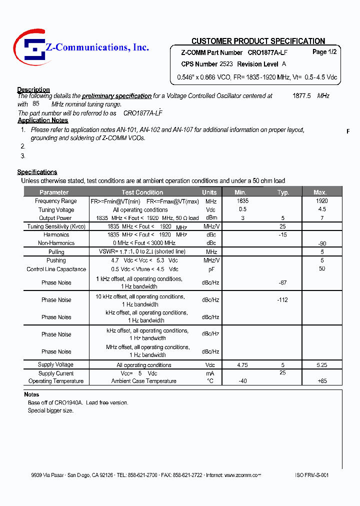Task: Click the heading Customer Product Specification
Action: point(258,41)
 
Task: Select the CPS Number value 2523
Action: point(226,64)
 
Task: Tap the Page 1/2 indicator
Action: point(324,52)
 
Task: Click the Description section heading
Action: point(33,89)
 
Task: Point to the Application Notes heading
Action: point(43,120)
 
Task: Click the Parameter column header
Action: point(54,192)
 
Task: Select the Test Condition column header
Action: point(142,192)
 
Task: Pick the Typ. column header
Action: point(283,192)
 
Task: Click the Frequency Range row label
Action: point(56,201)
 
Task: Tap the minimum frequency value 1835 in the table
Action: point(242,201)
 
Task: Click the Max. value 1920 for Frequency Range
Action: point(322,201)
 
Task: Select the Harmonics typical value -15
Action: point(283,234)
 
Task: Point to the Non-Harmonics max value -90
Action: point(322,243)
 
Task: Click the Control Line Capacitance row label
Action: point(56,269)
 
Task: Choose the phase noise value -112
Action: point(283,300)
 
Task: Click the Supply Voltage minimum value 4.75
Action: point(242,365)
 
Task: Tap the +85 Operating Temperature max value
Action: point(322,381)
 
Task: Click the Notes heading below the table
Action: point(31,394)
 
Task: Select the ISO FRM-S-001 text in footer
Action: point(312,475)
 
